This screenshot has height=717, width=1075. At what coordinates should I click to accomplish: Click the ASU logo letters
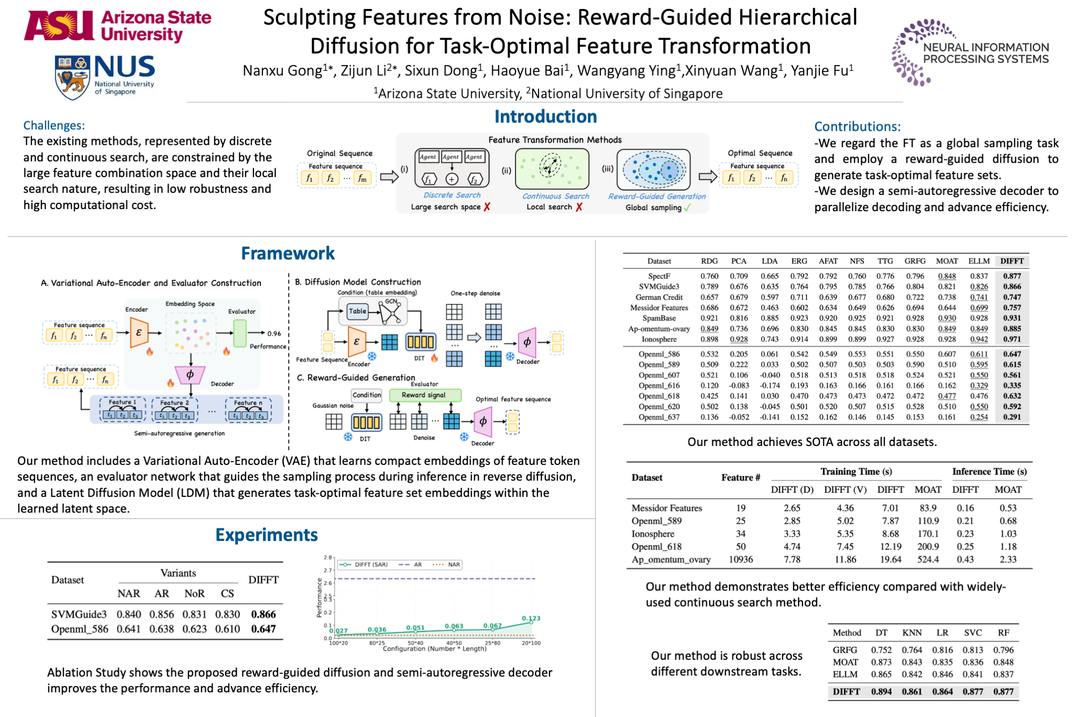tap(59, 26)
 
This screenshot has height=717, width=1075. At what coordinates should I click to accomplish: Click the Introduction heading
tap(545, 117)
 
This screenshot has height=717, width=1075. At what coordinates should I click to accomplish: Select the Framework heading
tap(288, 253)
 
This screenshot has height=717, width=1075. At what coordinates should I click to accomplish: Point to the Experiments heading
tap(267, 535)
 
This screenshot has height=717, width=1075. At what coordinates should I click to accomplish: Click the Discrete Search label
tap(452, 195)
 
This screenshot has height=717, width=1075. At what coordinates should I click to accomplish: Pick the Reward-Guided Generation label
tap(657, 196)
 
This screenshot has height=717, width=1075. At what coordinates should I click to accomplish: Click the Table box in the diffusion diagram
tap(357, 311)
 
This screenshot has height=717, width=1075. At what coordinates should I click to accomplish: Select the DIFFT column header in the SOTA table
tap(1011, 261)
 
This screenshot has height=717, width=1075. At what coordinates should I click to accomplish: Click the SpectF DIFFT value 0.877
tap(1011, 276)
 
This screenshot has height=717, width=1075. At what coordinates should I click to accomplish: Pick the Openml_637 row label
tap(659, 417)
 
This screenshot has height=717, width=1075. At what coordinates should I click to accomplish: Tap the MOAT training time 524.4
tap(928, 559)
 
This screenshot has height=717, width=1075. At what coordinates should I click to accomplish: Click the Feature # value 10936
tap(740, 559)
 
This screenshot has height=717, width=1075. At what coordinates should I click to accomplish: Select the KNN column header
tap(912, 632)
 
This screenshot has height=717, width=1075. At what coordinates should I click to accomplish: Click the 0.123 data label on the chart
tap(531, 618)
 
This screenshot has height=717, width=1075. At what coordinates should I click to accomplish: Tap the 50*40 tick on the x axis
tap(415, 643)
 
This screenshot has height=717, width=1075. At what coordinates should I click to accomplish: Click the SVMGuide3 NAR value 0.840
tap(129, 614)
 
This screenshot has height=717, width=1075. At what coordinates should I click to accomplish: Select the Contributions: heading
tap(857, 127)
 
